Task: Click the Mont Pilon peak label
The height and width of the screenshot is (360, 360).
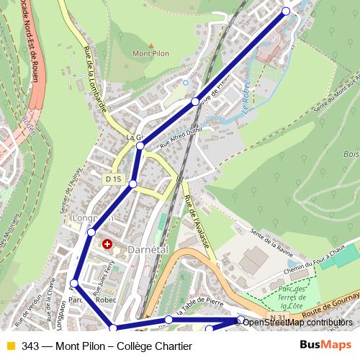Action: pos(150,53)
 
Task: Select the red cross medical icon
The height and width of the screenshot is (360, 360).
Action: pos(108,245)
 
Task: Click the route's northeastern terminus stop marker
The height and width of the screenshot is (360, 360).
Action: pos(286,11)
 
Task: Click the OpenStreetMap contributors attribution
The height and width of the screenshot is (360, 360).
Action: pos(297,323)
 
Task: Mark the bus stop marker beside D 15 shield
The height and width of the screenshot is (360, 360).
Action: pos(132,185)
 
